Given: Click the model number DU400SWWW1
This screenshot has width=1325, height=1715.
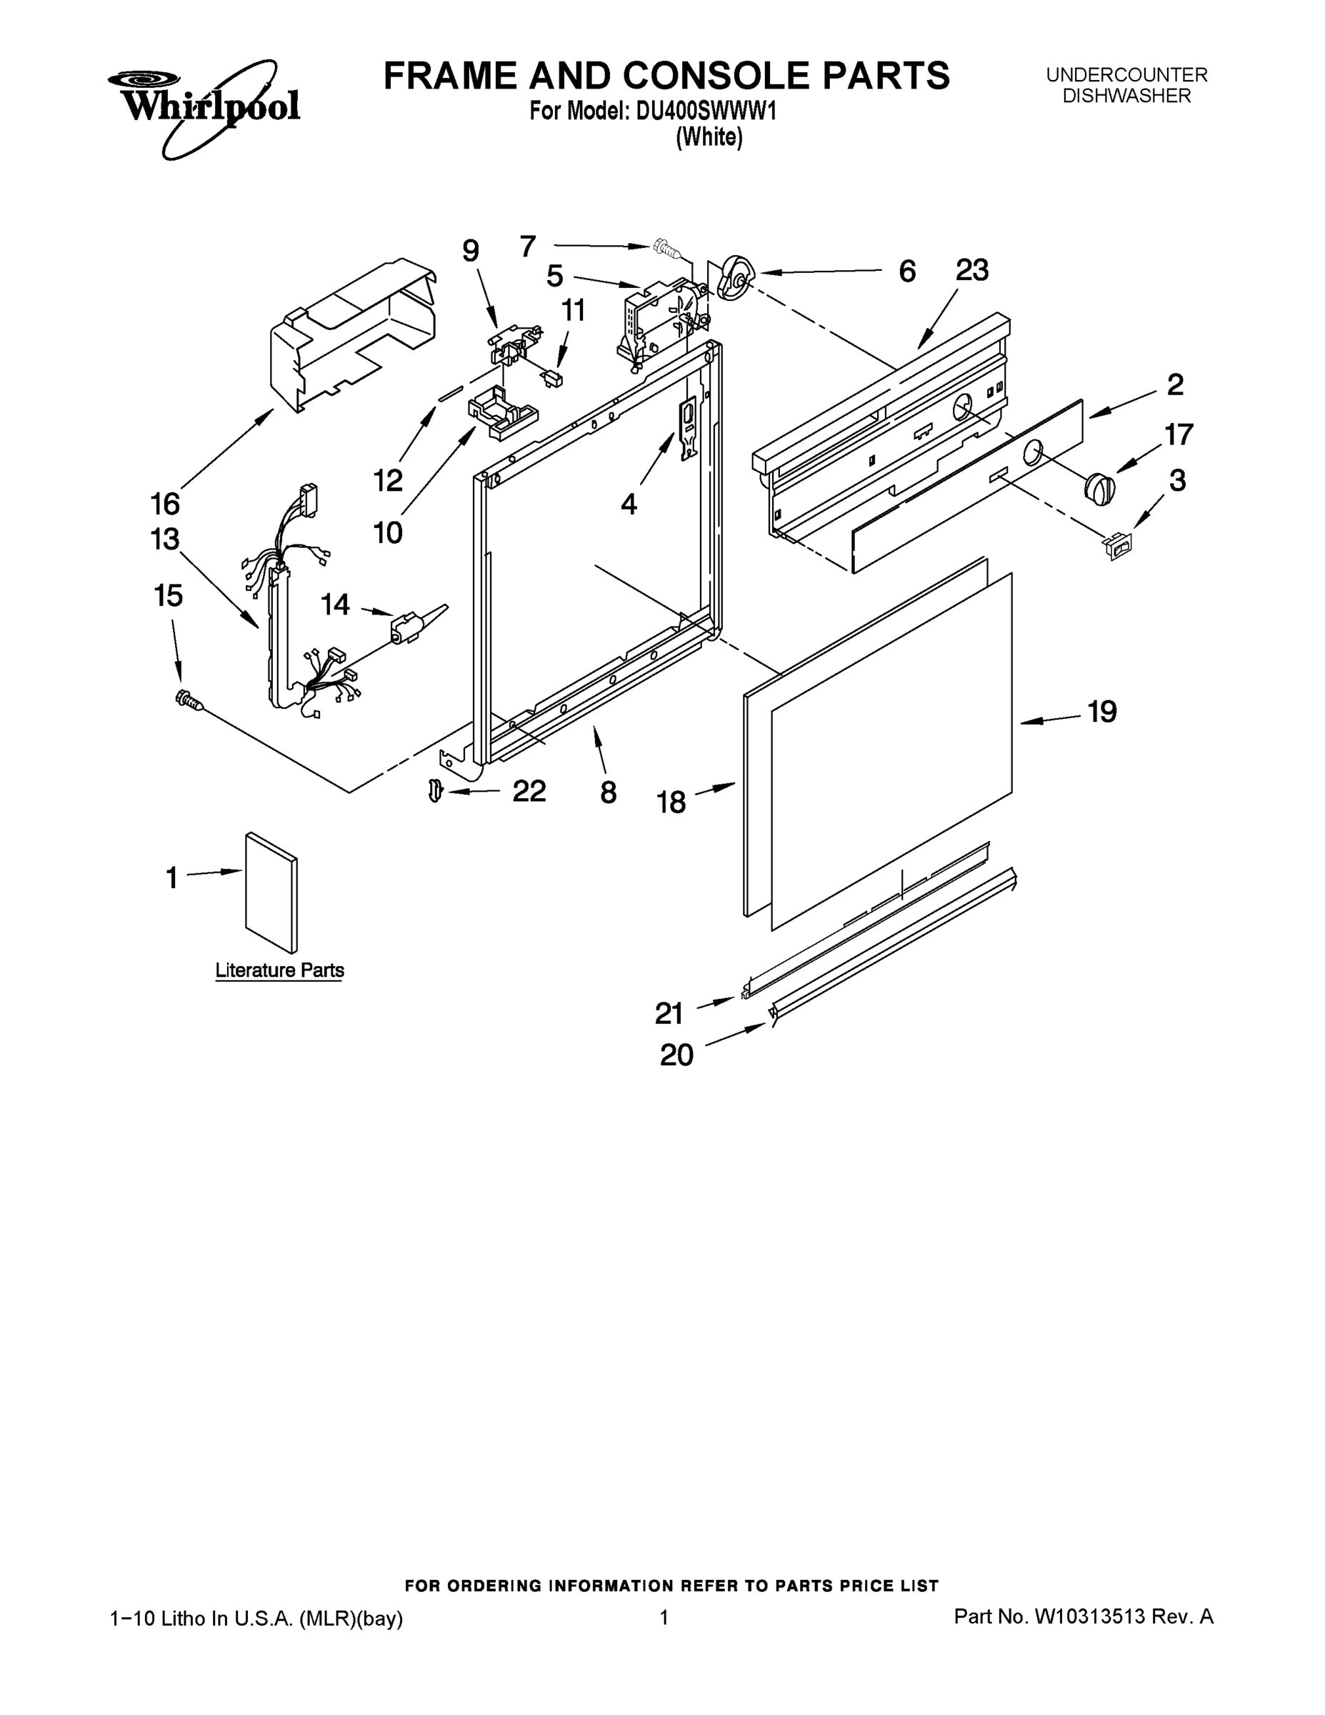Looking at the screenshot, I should pos(706,111).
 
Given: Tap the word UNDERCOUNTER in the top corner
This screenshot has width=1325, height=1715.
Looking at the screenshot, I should pos(1126,75).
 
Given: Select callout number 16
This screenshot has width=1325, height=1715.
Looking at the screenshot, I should pos(165,503).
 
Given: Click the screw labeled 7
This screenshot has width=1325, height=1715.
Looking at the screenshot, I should pos(665,249).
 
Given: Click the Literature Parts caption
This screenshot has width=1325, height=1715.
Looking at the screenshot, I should pos(279,970).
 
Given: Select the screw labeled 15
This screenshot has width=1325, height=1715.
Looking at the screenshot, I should pos(189,699).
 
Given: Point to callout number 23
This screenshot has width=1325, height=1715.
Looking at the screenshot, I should pos(971,271).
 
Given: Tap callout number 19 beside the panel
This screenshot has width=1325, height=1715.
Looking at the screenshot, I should pos(1101,712).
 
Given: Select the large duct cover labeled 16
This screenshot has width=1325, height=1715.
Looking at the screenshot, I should pos(354,334).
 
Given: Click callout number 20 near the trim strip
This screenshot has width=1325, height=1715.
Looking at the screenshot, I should pos(676,1055).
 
